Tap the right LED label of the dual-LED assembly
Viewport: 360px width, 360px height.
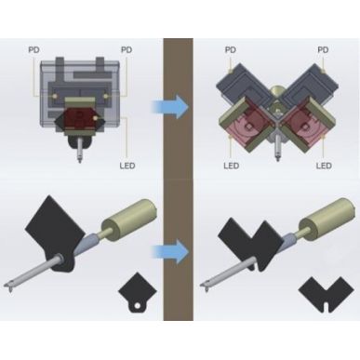pyautogui.click(x=324, y=165)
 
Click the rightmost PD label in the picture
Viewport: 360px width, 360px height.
pyautogui.click(x=323, y=49)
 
